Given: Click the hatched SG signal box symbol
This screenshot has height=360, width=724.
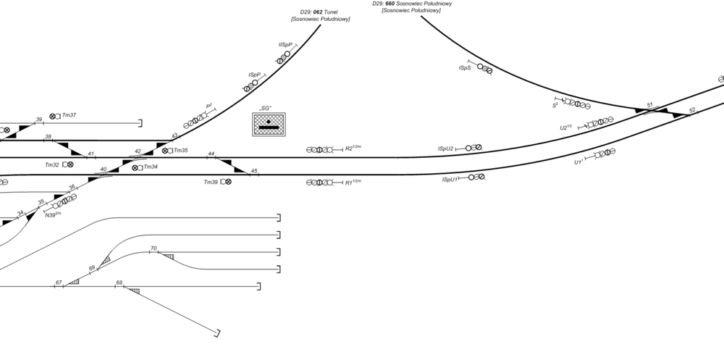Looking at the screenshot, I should point(269,125).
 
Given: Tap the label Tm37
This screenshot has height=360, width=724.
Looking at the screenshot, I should point(70,115).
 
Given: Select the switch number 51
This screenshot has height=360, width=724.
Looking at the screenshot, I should point(650,105).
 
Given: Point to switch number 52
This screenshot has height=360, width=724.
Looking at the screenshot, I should point(692,110).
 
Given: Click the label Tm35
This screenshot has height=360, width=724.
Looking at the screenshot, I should point(181,151).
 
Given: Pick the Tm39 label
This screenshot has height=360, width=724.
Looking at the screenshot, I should point(210,182).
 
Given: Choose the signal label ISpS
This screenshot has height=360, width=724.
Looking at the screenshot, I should point(465,68).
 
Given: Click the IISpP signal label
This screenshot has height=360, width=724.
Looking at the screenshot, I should point(285,45).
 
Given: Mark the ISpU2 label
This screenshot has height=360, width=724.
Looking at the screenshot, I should point(445,148).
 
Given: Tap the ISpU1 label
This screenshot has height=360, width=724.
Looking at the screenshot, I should point(450,179).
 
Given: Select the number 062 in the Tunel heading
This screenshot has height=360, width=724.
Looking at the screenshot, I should point(318,12).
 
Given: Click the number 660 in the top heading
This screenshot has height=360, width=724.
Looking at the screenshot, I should point(390,4).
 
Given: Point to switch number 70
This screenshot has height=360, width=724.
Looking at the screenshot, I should point(153,248).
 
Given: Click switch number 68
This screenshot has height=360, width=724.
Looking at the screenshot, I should point(119,282).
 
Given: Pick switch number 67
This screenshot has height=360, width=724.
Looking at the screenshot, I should point(59,282).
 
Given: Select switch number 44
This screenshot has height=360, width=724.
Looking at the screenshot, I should point(211,154).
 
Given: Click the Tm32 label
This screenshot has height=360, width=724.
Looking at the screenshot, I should point(51,165).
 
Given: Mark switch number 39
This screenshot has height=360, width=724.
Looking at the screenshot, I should point(39,120).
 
